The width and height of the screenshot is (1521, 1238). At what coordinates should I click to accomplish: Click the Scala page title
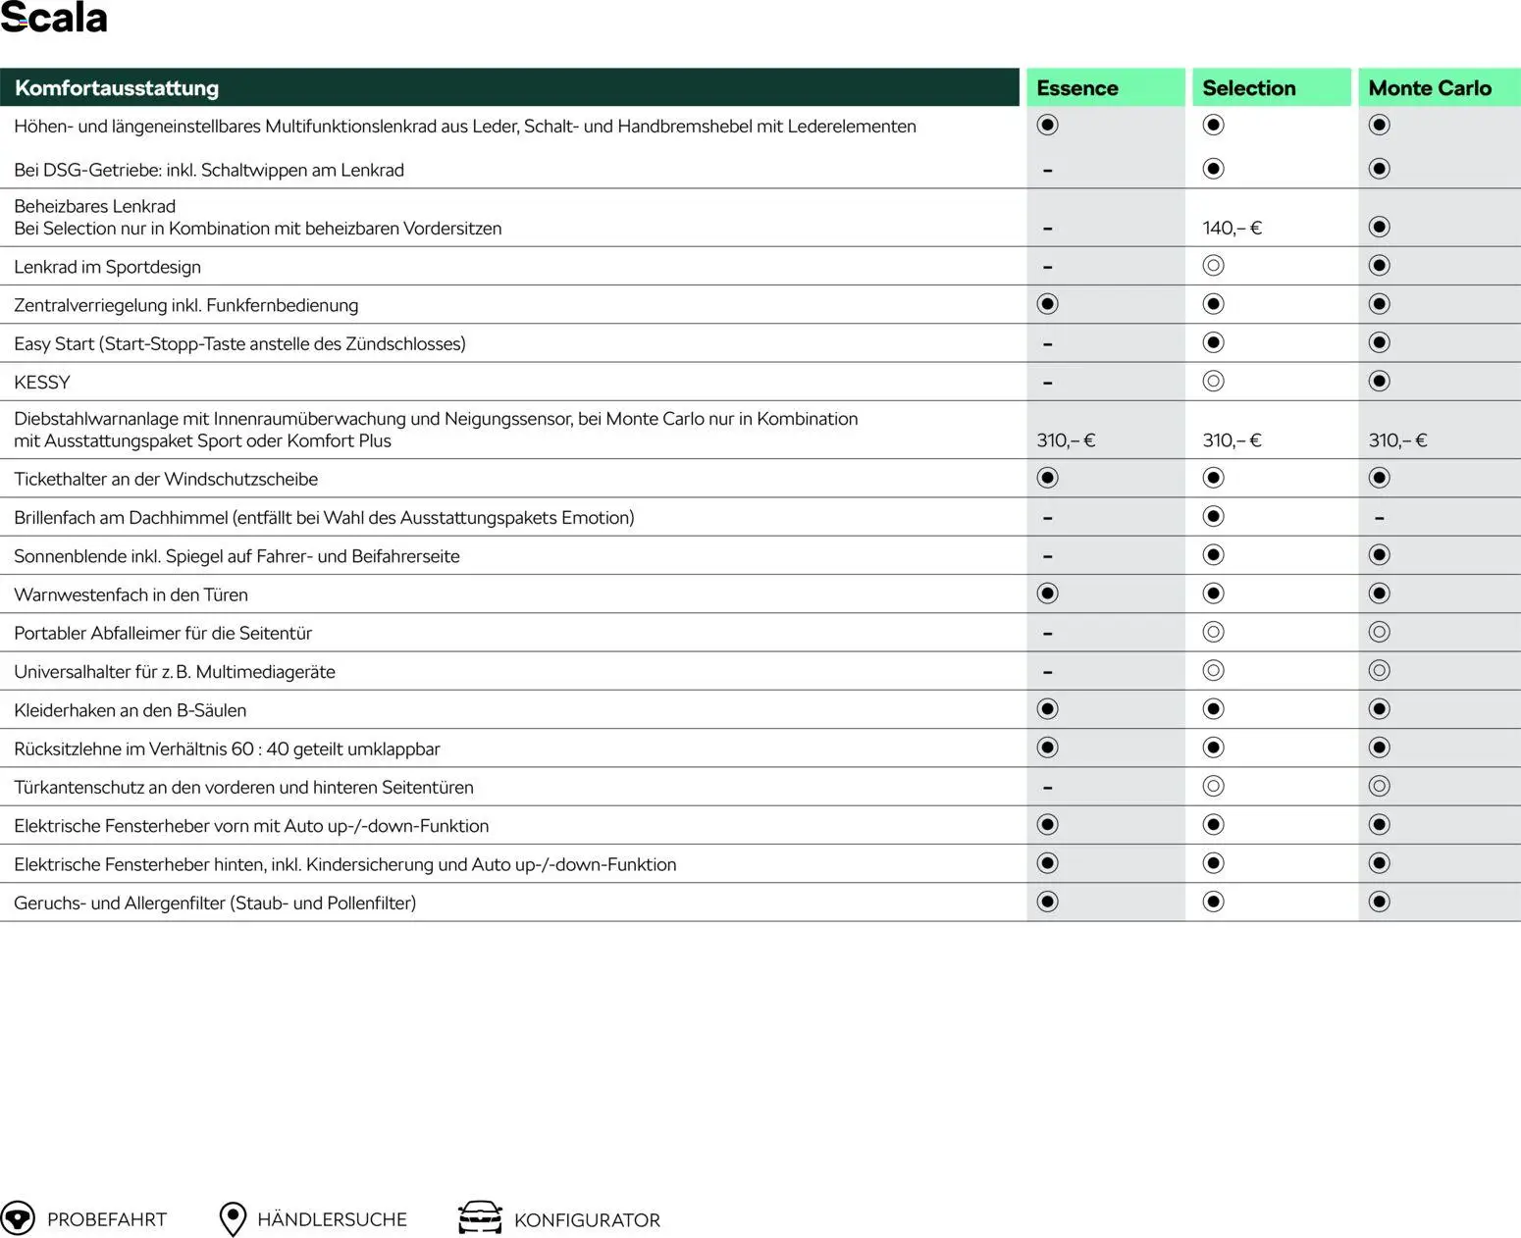54,18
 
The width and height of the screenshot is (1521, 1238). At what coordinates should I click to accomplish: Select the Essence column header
1076,88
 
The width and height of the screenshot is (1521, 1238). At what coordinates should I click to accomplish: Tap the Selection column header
1248,88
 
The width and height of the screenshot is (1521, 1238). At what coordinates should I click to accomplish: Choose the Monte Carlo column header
1429,88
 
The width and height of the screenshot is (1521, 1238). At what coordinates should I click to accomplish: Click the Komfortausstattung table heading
117,88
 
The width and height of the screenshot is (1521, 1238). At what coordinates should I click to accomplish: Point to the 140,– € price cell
1232,229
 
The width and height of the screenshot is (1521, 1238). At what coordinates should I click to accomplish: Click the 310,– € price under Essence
1066,440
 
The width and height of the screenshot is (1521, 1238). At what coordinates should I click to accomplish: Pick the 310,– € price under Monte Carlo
1397,440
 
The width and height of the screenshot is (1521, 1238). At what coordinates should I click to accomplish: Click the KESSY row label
42,383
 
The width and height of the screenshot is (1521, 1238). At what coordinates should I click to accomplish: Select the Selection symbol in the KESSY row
1213,382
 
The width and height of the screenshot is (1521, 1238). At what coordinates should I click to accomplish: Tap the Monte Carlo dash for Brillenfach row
1379,518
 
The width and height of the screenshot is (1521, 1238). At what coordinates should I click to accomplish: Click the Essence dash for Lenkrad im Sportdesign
1047,267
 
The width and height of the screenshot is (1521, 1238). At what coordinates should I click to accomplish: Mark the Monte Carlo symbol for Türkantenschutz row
1379,787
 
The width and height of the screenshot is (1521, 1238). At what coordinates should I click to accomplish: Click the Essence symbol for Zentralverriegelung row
1047,304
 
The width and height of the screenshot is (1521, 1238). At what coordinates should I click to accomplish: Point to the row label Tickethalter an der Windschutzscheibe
166,480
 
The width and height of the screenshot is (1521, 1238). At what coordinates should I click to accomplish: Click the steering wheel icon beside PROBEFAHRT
18,1218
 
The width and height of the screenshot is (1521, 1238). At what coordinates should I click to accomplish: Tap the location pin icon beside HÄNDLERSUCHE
233,1219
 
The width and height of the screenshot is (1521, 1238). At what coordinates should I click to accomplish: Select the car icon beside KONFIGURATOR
480,1218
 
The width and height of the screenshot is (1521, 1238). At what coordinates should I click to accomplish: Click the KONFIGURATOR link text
587,1220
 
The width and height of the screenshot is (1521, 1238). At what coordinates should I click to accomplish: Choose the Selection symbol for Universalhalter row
1213,671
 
